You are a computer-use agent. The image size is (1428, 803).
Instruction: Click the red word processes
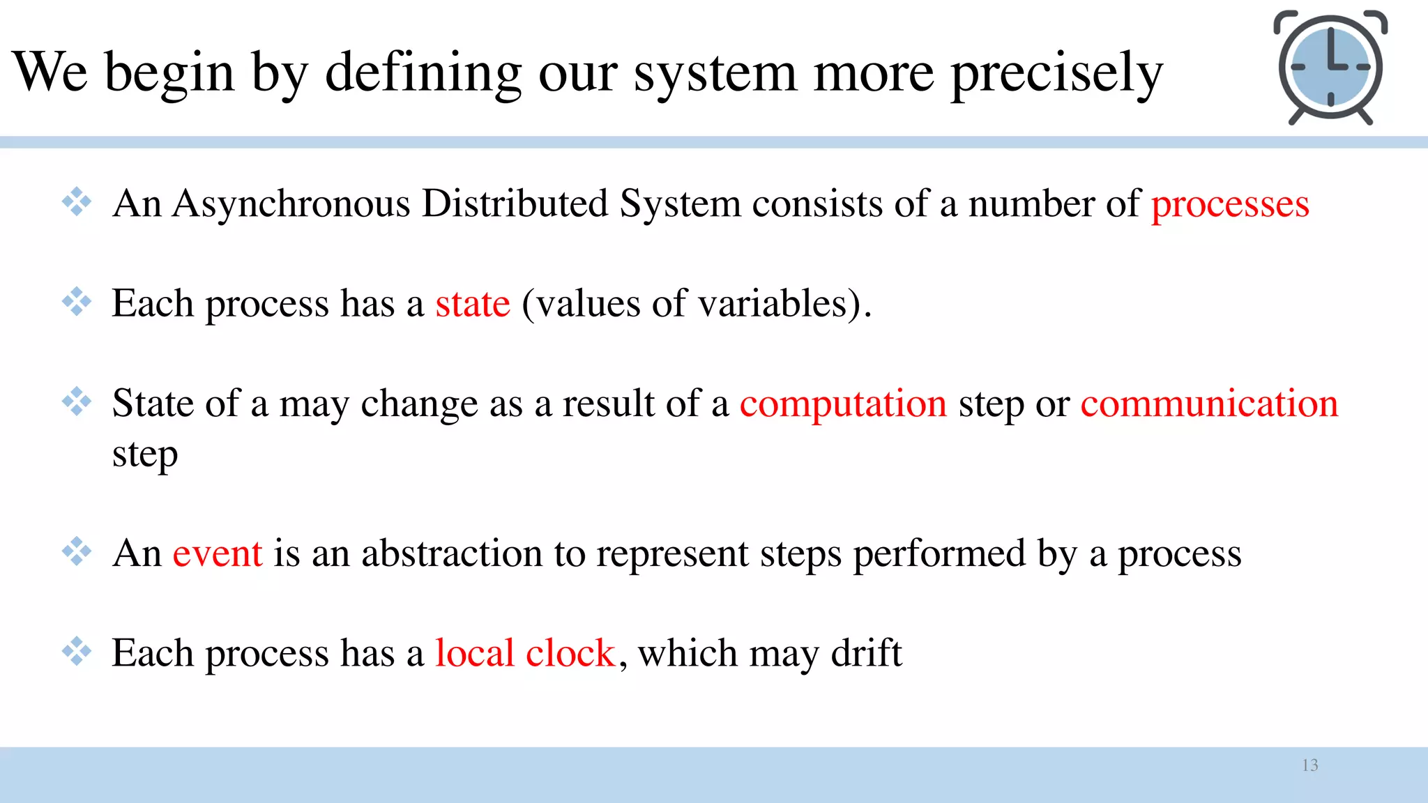coord(1230,205)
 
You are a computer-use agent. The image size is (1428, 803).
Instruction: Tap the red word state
coord(473,305)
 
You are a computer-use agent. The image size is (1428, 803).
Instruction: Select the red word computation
coord(843,404)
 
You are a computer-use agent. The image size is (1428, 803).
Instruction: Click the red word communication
coord(1209,404)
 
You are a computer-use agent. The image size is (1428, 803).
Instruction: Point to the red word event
coord(218,554)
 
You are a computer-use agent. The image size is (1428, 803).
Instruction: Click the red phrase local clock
coord(525,654)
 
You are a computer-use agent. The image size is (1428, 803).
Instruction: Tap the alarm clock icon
coord(1330,68)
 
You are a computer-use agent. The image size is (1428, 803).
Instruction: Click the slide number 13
coord(1309,765)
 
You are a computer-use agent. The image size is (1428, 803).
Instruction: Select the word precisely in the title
coord(1057,73)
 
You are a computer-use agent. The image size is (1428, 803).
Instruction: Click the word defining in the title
coord(423,73)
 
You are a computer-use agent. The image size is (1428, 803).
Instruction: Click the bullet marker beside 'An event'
coord(77,551)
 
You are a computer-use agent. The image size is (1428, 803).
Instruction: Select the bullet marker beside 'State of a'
coord(77,401)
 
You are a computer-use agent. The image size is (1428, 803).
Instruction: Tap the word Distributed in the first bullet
coord(515,205)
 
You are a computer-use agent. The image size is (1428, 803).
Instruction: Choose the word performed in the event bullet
coord(940,554)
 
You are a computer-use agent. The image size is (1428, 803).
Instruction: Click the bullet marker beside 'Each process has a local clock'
coord(77,651)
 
